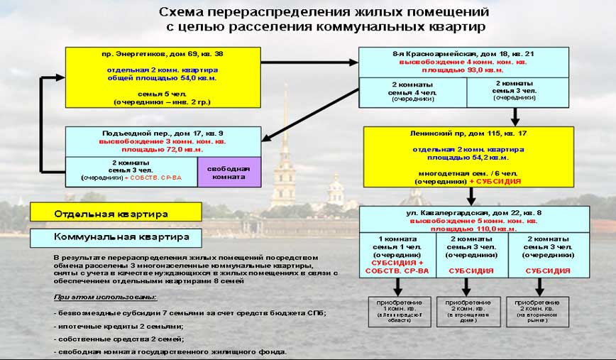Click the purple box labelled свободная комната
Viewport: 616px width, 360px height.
229,172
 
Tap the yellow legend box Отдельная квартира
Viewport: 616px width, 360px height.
116,212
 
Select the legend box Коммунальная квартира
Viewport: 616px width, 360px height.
116,236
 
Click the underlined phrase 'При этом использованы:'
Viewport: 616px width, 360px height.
105,297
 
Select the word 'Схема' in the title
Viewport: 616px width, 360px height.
182,12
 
